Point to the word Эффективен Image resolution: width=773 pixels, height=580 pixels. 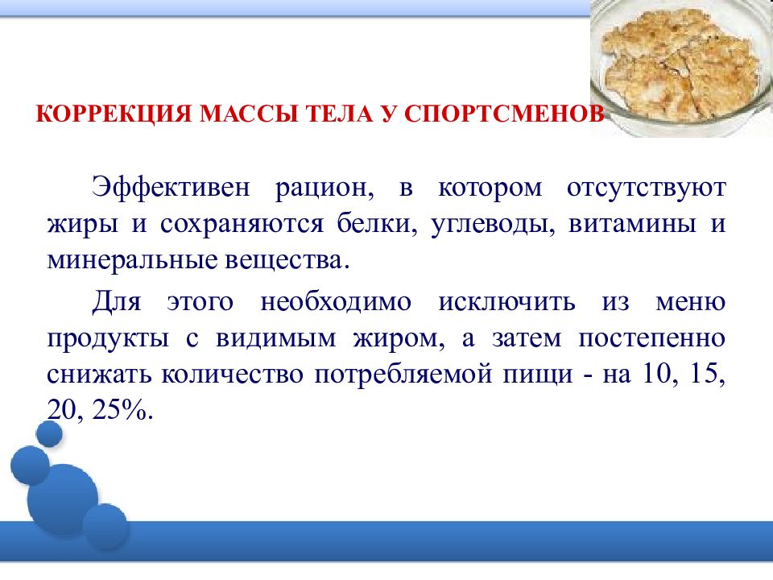click(x=174, y=188)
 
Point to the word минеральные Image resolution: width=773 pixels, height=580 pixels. click(x=126, y=262)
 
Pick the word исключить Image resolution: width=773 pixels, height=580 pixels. click(x=506, y=302)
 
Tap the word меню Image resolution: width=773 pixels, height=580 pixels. click(x=692, y=302)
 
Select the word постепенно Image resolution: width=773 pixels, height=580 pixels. click(x=651, y=339)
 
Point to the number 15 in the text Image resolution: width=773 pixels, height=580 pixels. click(x=706, y=376)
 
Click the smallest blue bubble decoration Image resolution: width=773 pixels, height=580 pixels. click(x=50, y=433)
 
